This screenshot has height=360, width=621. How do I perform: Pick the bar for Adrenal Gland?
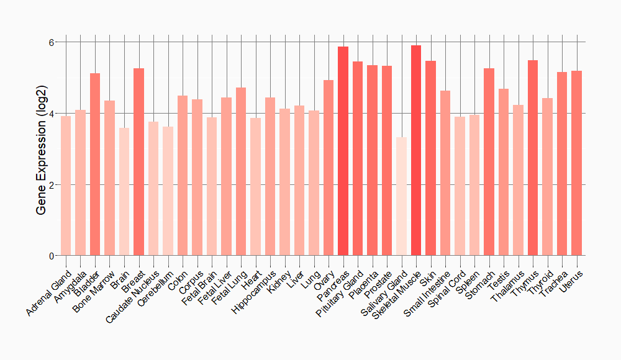click(66, 186)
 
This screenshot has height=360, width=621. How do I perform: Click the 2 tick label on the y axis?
click(52, 185)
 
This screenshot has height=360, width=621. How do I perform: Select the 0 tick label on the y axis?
click(52, 256)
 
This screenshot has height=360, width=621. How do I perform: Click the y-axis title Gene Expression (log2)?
click(42, 149)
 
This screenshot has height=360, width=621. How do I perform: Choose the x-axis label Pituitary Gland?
click(340, 292)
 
